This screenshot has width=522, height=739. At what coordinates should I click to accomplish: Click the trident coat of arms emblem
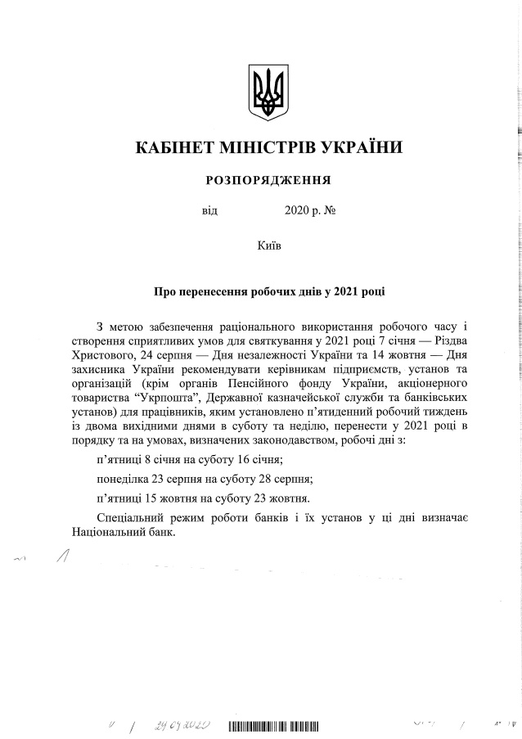pyautogui.click(x=267, y=92)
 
